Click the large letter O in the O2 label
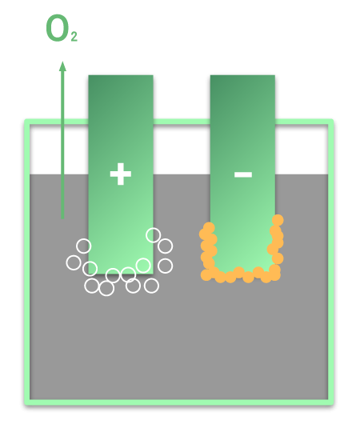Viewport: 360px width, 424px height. click(56, 28)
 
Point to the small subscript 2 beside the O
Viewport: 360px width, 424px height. click(74, 37)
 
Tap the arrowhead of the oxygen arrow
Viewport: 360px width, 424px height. click(62, 66)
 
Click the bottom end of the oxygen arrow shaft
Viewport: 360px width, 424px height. click(62, 218)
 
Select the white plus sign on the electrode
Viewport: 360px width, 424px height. click(121, 174)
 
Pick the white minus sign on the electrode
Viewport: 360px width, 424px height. click(243, 174)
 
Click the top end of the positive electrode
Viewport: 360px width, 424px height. click(121, 76)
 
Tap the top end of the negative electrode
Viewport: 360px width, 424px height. click(242, 76)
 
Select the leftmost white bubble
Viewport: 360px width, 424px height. click(74, 262)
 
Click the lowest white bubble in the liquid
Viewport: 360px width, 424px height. click(106, 289)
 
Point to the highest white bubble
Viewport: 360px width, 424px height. click(154, 235)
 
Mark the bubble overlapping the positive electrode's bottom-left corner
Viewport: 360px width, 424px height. click(90, 269)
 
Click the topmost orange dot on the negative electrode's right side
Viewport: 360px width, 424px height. click(278, 220)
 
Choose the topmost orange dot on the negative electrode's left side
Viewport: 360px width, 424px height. click(209, 228)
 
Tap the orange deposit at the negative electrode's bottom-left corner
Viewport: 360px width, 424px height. click(206, 275)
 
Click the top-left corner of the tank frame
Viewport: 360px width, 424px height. click(27, 122)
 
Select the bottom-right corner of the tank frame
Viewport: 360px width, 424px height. click(330, 402)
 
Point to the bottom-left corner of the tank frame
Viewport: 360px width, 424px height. click(27, 402)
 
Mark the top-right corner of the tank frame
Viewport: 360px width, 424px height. click(330, 122)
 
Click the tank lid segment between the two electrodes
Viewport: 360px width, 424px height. click(182, 122)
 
